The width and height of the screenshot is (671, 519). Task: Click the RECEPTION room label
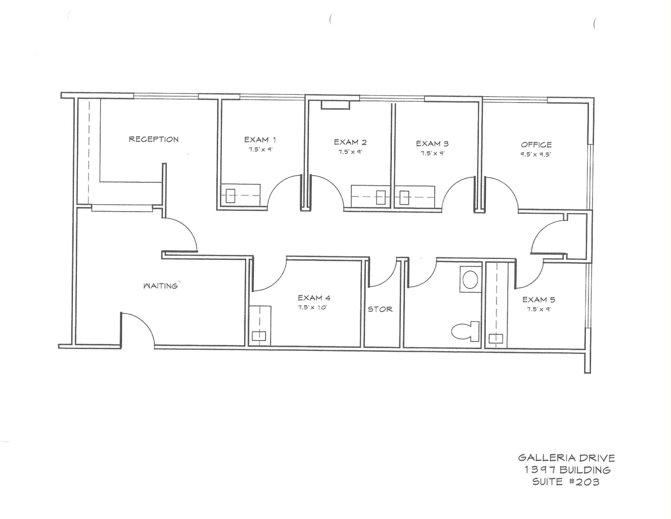153,139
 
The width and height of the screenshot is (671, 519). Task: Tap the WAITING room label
161,286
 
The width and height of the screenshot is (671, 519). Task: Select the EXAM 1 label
260,140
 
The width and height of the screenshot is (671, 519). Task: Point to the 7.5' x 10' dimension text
313,308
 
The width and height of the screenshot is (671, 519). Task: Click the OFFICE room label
536,145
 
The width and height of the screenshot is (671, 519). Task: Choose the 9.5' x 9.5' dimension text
536,154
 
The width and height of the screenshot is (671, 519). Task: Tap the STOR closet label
380,309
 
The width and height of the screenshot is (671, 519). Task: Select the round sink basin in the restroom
470,279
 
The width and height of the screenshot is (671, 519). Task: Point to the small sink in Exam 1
230,196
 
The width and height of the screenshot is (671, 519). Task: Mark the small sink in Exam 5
496,338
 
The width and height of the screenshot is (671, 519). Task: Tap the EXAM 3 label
432,144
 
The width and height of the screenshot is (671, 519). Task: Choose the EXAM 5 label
539,300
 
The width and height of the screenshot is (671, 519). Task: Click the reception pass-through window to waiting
122,208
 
